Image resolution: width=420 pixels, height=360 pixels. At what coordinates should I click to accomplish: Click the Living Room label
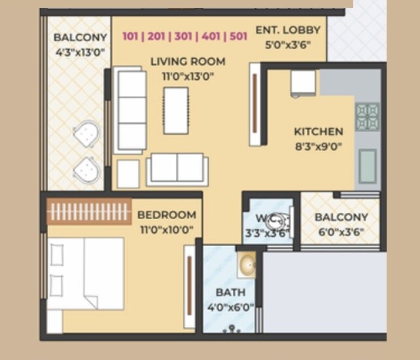coord(188,62)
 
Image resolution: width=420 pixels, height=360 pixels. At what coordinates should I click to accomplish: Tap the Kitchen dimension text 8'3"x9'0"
coord(318,147)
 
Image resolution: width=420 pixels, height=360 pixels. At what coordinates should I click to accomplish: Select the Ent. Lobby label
coord(288,30)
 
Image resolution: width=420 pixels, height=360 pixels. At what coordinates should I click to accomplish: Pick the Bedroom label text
coord(166,215)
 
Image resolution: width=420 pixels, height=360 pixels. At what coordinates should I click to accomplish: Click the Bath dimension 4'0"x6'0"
coord(230,307)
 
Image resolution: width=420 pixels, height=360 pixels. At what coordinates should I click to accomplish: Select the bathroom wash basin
coord(247,265)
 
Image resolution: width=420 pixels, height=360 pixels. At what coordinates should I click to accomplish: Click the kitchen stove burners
coord(367,117)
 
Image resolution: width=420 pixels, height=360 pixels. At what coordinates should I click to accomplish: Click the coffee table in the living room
coord(176,110)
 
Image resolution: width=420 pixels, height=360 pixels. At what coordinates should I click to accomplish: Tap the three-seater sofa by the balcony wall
coord(130,110)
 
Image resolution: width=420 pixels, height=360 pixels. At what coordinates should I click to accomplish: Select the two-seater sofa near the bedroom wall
coord(177,168)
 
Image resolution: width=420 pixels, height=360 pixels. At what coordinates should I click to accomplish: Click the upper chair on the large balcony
coord(86,135)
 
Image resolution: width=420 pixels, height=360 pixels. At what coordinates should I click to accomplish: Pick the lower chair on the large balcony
coord(86,170)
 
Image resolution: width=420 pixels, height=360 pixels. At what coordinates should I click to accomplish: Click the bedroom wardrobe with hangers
coord(89,211)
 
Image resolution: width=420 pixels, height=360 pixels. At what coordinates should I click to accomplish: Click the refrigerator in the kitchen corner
coord(304,84)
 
